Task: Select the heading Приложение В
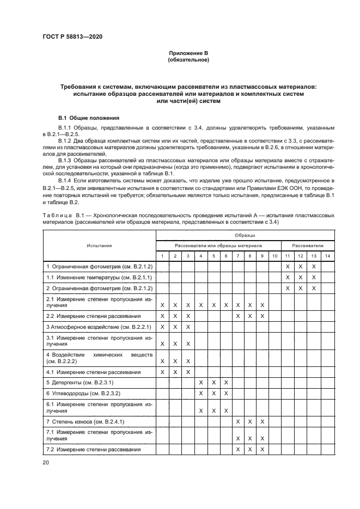pyautogui.click(x=188, y=53)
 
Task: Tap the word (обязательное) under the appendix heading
pyautogui.click(x=188, y=59)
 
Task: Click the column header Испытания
pyautogui.click(x=99, y=246)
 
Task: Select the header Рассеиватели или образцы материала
pyautogui.click(x=218, y=246)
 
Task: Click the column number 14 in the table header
pyautogui.click(x=327, y=256)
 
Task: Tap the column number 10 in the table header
pyautogui.click(x=274, y=256)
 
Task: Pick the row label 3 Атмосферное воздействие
pyautogui.click(x=98, y=327)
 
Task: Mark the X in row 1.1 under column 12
pyautogui.click(x=300, y=277)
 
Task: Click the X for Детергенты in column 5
pyautogui.click(x=213, y=383)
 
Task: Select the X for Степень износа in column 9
pyautogui.click(x=262, y=421)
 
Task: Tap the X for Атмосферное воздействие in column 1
pyautogui.click(x=162, y=327)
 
